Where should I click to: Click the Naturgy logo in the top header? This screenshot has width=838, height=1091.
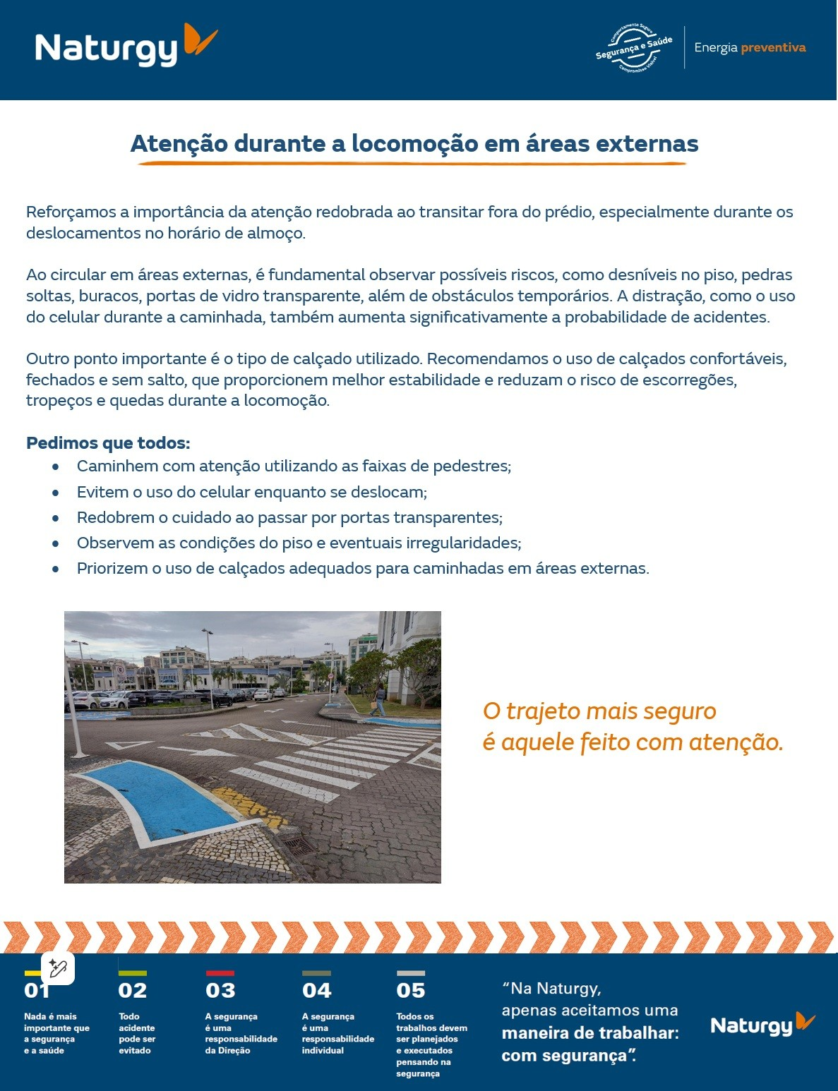(126, 47)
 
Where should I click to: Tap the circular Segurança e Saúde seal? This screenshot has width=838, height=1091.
(633, 48)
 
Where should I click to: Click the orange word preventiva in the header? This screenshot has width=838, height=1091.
(773, 47)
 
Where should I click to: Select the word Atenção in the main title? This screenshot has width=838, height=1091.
(179, 143)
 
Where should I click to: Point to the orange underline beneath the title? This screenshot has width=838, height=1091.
(412, 164)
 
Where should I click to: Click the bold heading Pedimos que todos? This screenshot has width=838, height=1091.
(108, 443)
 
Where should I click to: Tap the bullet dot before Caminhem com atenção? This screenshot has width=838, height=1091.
(55, 466)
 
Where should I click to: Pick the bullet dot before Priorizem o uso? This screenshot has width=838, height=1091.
(55, 569)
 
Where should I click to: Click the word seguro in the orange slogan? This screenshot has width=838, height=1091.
(681, 711)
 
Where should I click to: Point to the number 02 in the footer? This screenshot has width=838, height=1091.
(132, 991)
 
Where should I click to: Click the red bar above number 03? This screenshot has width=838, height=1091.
(220, 973)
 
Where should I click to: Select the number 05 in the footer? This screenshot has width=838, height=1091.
(410, 991)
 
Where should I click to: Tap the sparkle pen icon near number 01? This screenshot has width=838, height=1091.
(58, 968)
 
